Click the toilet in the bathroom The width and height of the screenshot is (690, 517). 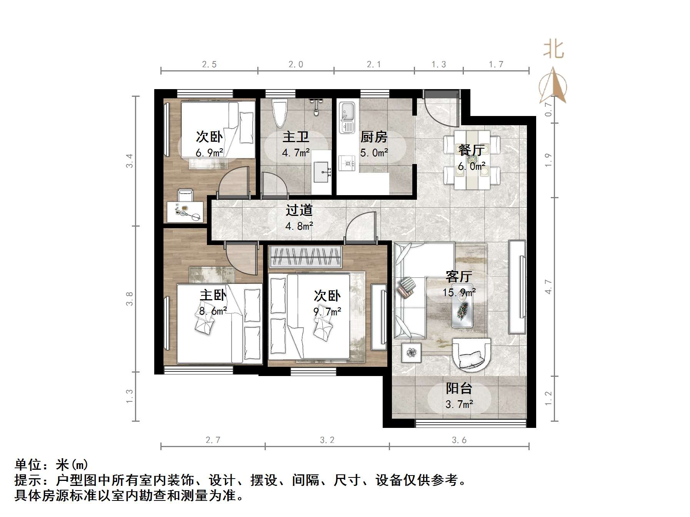280,113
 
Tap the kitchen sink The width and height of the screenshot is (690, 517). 347,117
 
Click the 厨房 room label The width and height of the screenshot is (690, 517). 373,137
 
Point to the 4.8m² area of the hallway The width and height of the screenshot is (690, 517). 299,226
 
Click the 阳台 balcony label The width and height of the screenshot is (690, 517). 458,388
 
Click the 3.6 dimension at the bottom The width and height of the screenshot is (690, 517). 459,440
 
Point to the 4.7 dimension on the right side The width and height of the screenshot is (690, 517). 548,287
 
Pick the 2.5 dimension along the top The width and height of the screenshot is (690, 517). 209,65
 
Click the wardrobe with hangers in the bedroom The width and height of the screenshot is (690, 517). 305,257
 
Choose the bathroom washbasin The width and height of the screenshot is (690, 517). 322,172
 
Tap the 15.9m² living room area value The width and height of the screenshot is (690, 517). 459,293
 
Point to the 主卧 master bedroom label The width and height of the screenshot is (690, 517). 213,295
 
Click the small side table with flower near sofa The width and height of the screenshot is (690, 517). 412,352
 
